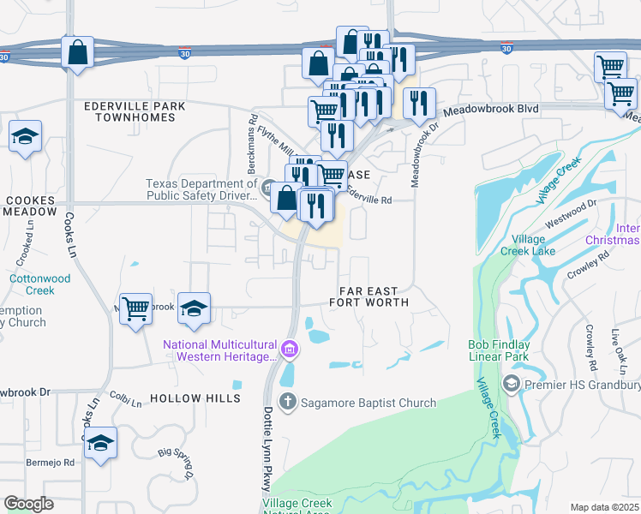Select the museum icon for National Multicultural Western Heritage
pos(290,349)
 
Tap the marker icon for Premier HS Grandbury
pos(512,382)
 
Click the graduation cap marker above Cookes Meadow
pos(25,136)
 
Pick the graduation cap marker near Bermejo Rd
pos(100,443)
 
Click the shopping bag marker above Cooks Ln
pos(77,52)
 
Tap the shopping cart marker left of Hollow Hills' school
pos(135,308)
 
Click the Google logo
pos(28,504)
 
